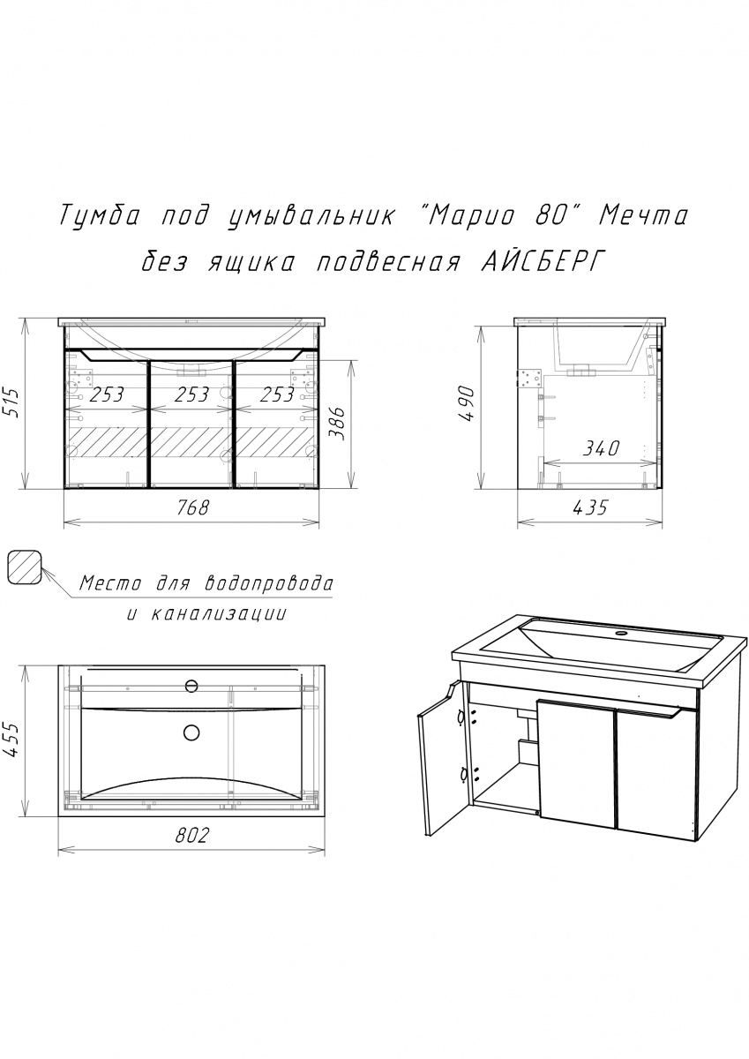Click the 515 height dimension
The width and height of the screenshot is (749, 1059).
(x=12, y=402)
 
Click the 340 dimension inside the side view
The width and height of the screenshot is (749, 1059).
(x=601, y=447)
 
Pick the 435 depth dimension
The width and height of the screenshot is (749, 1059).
(x=589, y=507)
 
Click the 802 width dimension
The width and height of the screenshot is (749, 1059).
(x=191, y=836)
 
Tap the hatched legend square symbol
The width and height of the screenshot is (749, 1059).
(x=25, y=567)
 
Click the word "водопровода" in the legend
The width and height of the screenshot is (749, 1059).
(x=269, y=584)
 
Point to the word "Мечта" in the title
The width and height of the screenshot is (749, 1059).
(x=643, y=216)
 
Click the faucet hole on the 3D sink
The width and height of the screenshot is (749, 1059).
(x=622, y=633)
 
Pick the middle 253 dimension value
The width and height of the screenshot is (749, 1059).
(x=192, y=394)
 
